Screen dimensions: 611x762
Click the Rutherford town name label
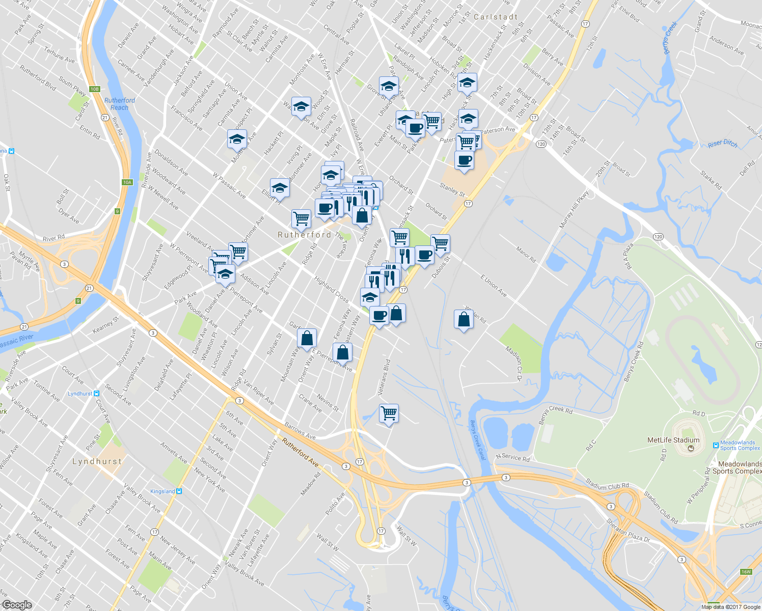tap(304, 235)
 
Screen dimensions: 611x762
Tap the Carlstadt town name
tap(495, 17)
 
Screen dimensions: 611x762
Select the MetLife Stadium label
tap(673, 440)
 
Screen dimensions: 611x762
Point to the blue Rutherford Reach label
tap(120, 104)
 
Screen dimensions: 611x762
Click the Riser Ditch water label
tap(722, 144)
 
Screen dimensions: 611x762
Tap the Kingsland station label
tap(163, 491)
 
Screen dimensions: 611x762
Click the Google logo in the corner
tap(17, 605)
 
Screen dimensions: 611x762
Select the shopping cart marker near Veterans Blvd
tap(389, 413)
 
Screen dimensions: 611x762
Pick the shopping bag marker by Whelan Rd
tap(464, 320)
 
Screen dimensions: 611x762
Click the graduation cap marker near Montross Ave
tap(237, 139)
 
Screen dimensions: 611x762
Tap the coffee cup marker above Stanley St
tap(464, 160)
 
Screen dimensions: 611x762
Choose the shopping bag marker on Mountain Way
tap(307, 338)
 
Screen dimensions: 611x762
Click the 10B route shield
tap(94, 89)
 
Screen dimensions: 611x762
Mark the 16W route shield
tap(746, 572)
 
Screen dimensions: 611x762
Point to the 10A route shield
tap(127, 182)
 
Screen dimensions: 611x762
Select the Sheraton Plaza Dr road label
tap(628, 531)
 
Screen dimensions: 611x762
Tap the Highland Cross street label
tap(331, 289)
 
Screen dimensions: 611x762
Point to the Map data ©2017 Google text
tap(730, 607)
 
